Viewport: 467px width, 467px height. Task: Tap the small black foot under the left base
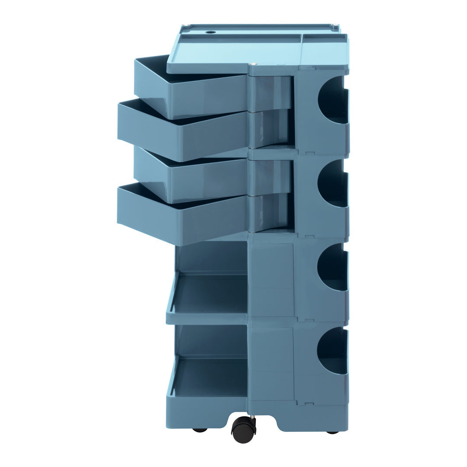click(200, 430)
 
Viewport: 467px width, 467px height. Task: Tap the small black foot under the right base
click(332, 431)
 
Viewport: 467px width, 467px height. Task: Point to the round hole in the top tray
click(211, 32)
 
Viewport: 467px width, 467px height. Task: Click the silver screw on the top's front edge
click(254, 64)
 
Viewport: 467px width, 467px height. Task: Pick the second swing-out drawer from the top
click(182, 134)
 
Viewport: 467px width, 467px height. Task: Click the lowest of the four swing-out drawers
click(182, 218)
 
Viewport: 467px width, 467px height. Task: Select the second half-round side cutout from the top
click(333, 183)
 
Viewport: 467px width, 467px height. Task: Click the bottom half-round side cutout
click(333, 351)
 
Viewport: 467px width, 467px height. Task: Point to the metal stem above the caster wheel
click(252, 417)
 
